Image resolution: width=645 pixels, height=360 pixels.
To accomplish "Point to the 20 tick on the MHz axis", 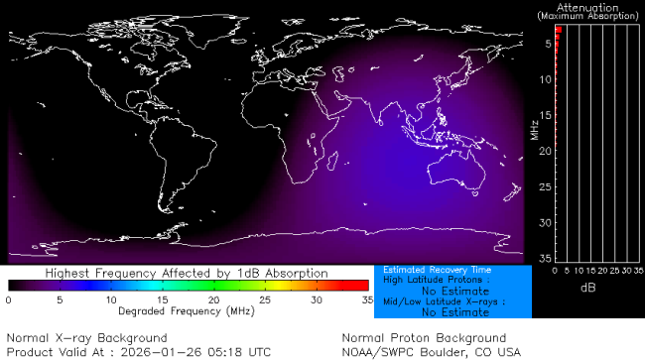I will pyautogui.click(x=546, y=150).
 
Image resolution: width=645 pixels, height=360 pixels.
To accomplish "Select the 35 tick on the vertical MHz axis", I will pyautogui.click(x=546, y=257).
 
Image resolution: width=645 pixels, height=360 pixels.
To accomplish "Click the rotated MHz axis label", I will pyautogui.click(x=533, y=130).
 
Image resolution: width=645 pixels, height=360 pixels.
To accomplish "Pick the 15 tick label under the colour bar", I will pyautogui.click(x=162, y=299).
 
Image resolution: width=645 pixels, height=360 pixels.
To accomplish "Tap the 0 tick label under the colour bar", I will pyautogui.click(x=8, y=299).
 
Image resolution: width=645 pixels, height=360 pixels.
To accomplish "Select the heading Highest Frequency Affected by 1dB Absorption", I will pyautogui.click(x=187, y=272).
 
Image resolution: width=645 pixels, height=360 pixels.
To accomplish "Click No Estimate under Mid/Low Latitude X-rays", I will pyautogui.click(x=453, y=312).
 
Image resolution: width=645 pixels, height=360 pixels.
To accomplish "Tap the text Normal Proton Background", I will pyautogui.click(x=424, y=338).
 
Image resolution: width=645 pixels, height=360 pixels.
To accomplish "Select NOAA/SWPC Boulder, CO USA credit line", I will pyautogui.click(x=431, y=351).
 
